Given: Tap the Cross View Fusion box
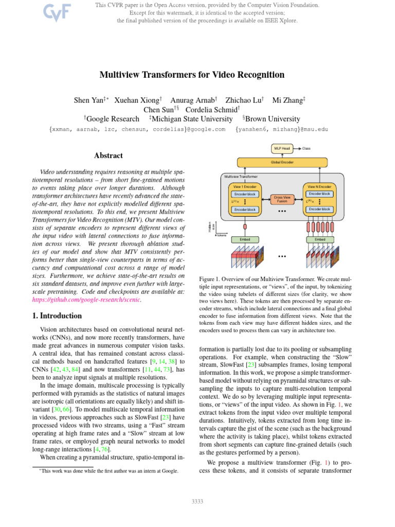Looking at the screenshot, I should [x=282, y=199].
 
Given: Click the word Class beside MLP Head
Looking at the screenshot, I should [x=307, y=148].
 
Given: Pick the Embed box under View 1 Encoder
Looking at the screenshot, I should [x=245, y=239].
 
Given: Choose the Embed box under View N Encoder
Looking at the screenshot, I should [x=319, y=239].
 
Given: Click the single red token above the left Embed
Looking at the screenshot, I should [x=245, y=226].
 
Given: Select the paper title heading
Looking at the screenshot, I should [x=192, y=75].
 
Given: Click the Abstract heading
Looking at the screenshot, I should [x=108, y=155].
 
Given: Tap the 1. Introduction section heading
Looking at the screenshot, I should [x=55, y=315].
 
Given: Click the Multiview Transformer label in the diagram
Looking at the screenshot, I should [x=241, y=176].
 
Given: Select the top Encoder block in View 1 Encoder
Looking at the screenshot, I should [x=245, y=194].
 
